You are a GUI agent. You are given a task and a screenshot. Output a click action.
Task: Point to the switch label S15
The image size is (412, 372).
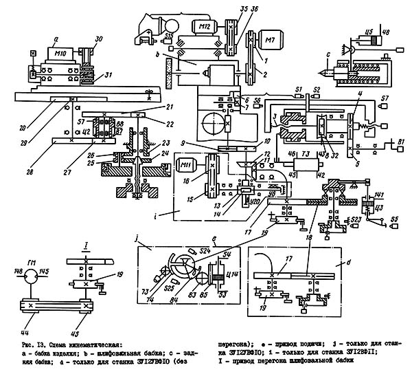tap(170, 33)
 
